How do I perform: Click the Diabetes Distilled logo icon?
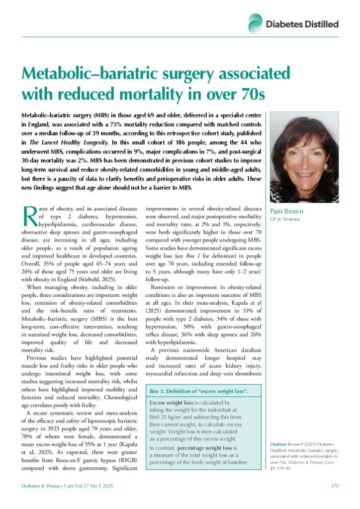(256, 23)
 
